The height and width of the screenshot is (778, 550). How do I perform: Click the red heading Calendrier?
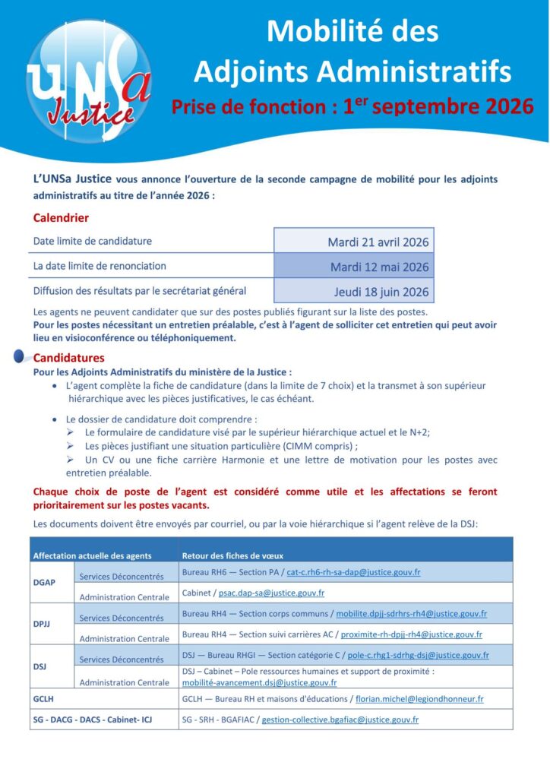click(61, 218)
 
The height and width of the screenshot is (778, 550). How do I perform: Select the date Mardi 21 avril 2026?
click(378, 242)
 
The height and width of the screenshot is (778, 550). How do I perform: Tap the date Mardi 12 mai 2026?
click(379, 267)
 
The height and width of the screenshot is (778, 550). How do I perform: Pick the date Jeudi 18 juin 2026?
click(381, 291)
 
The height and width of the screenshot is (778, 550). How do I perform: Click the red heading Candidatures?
click(69, 358)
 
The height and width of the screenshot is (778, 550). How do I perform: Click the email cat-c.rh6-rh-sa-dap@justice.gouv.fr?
click(353, 571)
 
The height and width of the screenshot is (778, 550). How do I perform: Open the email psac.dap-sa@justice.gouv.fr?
click(271, 593)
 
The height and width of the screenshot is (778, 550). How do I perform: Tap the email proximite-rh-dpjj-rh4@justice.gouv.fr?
click(411, 634)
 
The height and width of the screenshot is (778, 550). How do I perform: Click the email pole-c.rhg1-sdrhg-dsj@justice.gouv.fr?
click(418, 655)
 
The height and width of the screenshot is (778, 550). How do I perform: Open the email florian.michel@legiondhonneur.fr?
click(419, 698)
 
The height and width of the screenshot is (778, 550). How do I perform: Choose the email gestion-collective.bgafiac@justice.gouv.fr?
click(340, 719)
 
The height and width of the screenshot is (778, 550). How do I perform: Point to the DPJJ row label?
click(43, 624)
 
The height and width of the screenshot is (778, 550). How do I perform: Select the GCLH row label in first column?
click(43, 698)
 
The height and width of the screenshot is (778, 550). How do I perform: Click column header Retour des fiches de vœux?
click(232, 555)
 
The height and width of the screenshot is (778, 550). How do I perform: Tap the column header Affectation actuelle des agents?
click(92, 555)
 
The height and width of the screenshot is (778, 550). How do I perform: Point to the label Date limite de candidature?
click(93, 242)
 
